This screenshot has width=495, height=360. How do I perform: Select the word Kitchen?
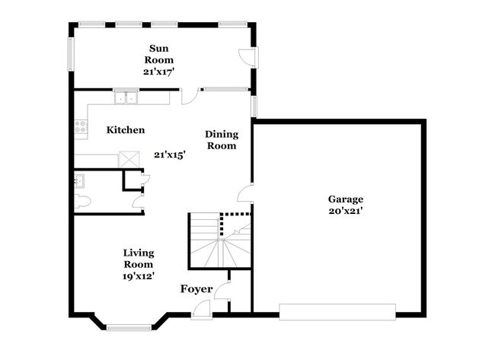(126, 130)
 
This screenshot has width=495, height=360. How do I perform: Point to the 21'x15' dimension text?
(170, 155)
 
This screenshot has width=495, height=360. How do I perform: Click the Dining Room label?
(221, 140)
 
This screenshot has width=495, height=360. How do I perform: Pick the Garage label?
(345, 199)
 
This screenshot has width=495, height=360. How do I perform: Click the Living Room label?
(139, 258)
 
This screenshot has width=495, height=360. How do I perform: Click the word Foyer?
(196, 289)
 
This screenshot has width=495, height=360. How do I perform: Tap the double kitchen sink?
(126, 97)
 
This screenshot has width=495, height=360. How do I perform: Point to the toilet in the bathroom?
(84, 202)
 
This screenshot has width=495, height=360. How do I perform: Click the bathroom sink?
(80, 181)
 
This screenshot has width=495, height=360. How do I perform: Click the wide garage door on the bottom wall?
(337, 311)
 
